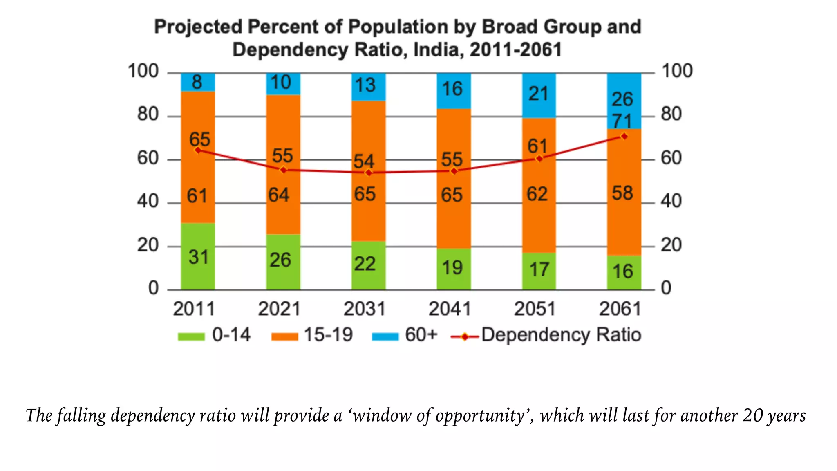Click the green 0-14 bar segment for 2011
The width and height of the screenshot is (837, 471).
198,256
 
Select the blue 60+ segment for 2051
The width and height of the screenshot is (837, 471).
539,95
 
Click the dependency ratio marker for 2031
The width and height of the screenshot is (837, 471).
369,173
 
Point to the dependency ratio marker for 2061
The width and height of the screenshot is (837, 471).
624,136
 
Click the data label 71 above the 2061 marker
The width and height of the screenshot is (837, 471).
622,121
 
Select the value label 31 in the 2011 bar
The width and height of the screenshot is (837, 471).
198,257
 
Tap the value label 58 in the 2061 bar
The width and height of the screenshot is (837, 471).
622,193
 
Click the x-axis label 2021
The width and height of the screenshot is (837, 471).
279,309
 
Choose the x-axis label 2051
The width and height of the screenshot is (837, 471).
535,309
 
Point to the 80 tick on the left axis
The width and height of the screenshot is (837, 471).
148,114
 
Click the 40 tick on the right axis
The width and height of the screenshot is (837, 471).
671,201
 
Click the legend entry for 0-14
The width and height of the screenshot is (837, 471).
231,335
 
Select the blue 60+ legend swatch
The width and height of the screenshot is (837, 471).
385,336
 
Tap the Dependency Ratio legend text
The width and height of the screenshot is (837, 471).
561,335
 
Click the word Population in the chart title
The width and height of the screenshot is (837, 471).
398,27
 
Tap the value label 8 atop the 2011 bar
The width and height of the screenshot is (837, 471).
197,82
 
